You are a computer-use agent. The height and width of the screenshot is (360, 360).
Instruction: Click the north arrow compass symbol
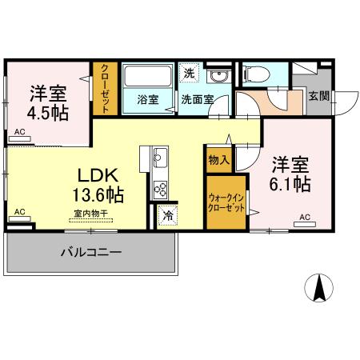click(x=318, y=288)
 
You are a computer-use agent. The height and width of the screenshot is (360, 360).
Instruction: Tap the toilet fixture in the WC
click(x=257, y=74)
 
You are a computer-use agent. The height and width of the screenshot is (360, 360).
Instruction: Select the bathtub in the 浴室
click(x=148, y=76)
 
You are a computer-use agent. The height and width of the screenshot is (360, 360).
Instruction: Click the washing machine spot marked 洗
click(x=189, y=73)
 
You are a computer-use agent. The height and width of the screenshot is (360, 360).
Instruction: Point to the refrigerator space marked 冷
click(x=167, y=215)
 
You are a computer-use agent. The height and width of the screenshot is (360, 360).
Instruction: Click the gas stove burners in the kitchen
click(x=160, y=190)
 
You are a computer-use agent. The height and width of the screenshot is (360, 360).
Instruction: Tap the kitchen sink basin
click(x=160, y=158)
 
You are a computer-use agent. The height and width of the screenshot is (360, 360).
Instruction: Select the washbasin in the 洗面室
click(x=218, y=77)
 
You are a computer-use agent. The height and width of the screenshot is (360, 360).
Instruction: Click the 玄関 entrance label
click(x=319, y=96)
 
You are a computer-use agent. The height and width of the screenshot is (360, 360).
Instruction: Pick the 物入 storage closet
click(x=219, y=160)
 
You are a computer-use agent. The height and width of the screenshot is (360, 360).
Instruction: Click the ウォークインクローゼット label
click(x=226, y=202)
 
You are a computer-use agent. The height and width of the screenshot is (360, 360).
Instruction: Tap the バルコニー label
click(x=91, y=252)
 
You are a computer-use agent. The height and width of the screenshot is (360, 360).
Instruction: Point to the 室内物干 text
click(x=91, y=214)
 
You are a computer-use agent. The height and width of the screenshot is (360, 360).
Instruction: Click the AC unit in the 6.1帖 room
click(x=305, y=224)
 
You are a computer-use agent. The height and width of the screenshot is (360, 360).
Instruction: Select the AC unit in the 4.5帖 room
click(x=20, y=138)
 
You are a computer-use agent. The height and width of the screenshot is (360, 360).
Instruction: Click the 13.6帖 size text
click(x=98, y=195)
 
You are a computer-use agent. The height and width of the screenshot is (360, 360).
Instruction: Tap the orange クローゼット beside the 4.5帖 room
click(x=105, y=89)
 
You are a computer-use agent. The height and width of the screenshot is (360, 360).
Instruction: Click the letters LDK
click(x=98, y=175)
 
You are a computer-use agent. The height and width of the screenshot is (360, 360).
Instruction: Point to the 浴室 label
click(x=148, y=100)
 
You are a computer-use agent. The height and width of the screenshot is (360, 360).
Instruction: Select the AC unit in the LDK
click(x=20, y=218)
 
